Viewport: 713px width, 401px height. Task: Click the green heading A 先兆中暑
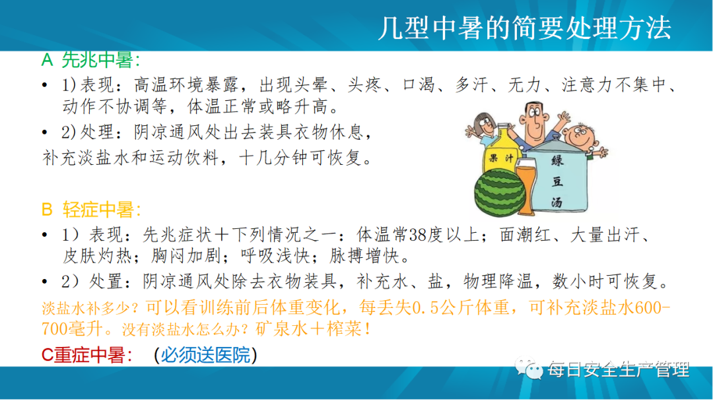(90, 60)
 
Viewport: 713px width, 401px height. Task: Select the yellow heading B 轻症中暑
(91, 209)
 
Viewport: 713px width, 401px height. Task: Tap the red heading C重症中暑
(86, 355)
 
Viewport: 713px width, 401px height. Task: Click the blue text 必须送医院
(205, 355)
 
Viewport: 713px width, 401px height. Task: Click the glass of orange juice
(526, 187)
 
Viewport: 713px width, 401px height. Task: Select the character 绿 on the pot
(557, 160)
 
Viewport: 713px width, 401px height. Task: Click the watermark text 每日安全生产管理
(619, 369)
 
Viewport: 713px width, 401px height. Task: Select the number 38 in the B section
(417, 235)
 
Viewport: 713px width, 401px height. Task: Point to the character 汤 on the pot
(557, 202)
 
